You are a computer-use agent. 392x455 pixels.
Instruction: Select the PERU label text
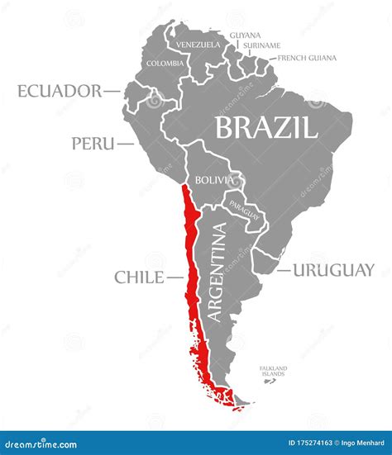[92, 144]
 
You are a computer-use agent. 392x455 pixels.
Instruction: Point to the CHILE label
[138, 277]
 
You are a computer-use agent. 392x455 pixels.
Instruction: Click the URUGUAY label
[337, 270]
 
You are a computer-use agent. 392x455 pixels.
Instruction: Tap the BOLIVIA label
[211, 179]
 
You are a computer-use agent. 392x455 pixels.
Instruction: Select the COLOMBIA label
[165, 63]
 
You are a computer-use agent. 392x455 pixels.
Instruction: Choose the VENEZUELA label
[198, 44]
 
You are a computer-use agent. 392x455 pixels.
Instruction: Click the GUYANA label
[245, 36]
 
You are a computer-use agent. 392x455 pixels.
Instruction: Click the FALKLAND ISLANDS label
[272, 371]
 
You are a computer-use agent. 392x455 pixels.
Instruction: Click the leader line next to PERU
[125, 144]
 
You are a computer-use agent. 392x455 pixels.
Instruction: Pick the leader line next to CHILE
[173, 277]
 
